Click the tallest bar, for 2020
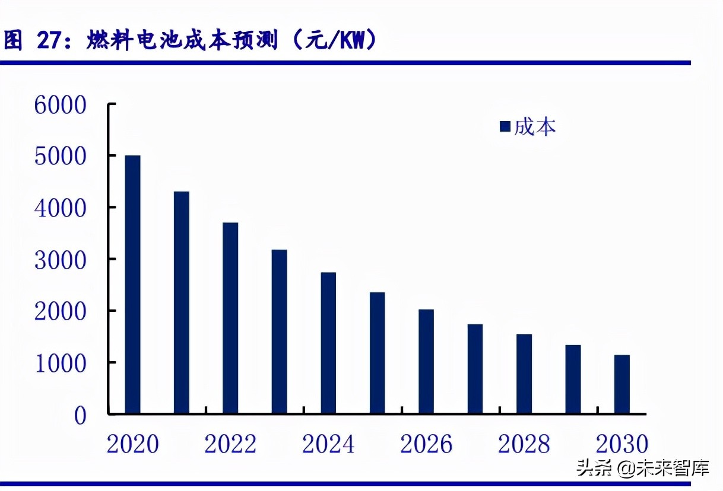[x=132, y=285]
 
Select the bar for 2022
[x=230, y=318]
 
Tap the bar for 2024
[x=328, y=343]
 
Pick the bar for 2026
[x=426, y=361]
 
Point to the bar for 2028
[x=524, y=374]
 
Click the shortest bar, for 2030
[x=621, y=384]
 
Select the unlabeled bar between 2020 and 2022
[x=182, y=302]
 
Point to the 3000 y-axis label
[x=61, y=260]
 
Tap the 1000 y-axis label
[x=61, y=363]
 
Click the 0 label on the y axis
[x=80, y=415]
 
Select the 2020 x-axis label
[x=133, y=444]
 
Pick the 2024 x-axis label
[x=328, y=444]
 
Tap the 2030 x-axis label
[x=621, y=444]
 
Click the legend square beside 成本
[x=506, y=126]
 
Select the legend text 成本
[x=535, y=126]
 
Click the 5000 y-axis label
[x=61, y=157]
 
